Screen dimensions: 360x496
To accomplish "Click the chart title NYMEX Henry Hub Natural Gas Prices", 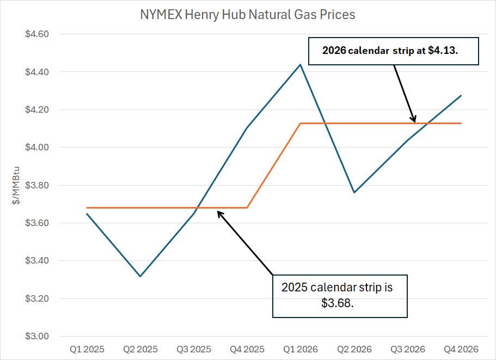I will pyautogui.click(x=248, y=15).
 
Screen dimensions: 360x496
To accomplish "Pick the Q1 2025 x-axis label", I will pyautogui.click(x=87, y=349).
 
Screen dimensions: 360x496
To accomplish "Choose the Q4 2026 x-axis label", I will pyautogui.click(x=461, y=349).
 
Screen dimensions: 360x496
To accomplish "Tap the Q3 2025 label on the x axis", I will pyautogui.click(x=194, y=349).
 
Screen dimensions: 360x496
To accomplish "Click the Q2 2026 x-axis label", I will pyautogui.click(x=354, y=349).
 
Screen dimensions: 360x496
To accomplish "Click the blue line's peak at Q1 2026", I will pyautogui.click(x=301, y=64).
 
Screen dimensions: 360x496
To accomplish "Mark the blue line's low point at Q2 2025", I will pyautogui.click(x=140, y=276).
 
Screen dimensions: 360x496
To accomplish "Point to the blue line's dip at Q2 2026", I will pyautogui.click(x=354, y=192).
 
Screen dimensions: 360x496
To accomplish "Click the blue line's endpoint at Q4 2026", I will pyautogui.click(x=461, y=95).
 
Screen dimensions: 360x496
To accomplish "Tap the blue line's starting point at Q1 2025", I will pyautogui.click(x=87, y=213).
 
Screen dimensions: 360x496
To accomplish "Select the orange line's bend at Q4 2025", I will pyautogui.click(x=248, y=208).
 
